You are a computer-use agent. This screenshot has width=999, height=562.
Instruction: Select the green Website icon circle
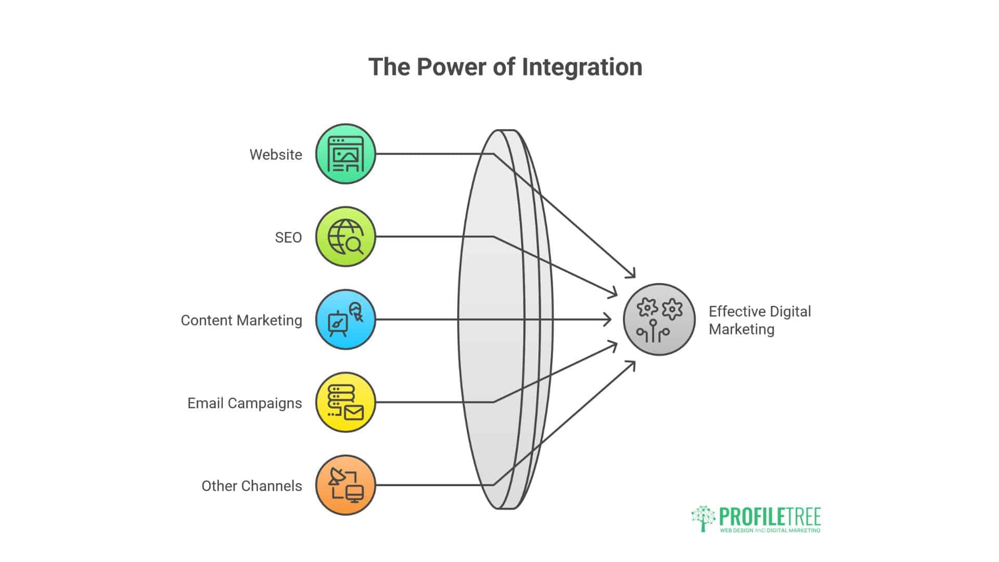(345, 154)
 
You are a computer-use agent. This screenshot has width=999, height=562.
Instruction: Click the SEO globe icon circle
(345, 237)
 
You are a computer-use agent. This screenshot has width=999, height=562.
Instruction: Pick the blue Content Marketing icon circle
(345, 320)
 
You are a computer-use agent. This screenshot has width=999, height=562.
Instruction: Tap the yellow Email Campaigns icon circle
(345, 402)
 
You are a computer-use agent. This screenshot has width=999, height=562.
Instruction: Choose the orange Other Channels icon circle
(345, 485)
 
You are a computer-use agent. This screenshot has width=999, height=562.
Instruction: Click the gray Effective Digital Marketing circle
(659, 320)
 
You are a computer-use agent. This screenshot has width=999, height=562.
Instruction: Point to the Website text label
(276, 155)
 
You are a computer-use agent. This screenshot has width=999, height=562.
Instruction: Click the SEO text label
(288, 237)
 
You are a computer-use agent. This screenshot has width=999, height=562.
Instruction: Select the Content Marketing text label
(241, 321)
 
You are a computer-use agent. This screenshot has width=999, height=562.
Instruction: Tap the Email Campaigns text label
(245, 403)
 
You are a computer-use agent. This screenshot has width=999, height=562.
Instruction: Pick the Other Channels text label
(252, 486)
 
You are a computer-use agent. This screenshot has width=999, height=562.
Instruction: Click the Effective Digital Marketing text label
(760, 320)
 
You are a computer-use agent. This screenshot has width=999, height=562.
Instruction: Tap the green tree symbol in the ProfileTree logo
(703, 518)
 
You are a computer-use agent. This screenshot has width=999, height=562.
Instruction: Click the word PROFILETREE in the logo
(770, 517)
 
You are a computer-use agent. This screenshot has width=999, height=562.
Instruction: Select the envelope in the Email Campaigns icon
(354, 413)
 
